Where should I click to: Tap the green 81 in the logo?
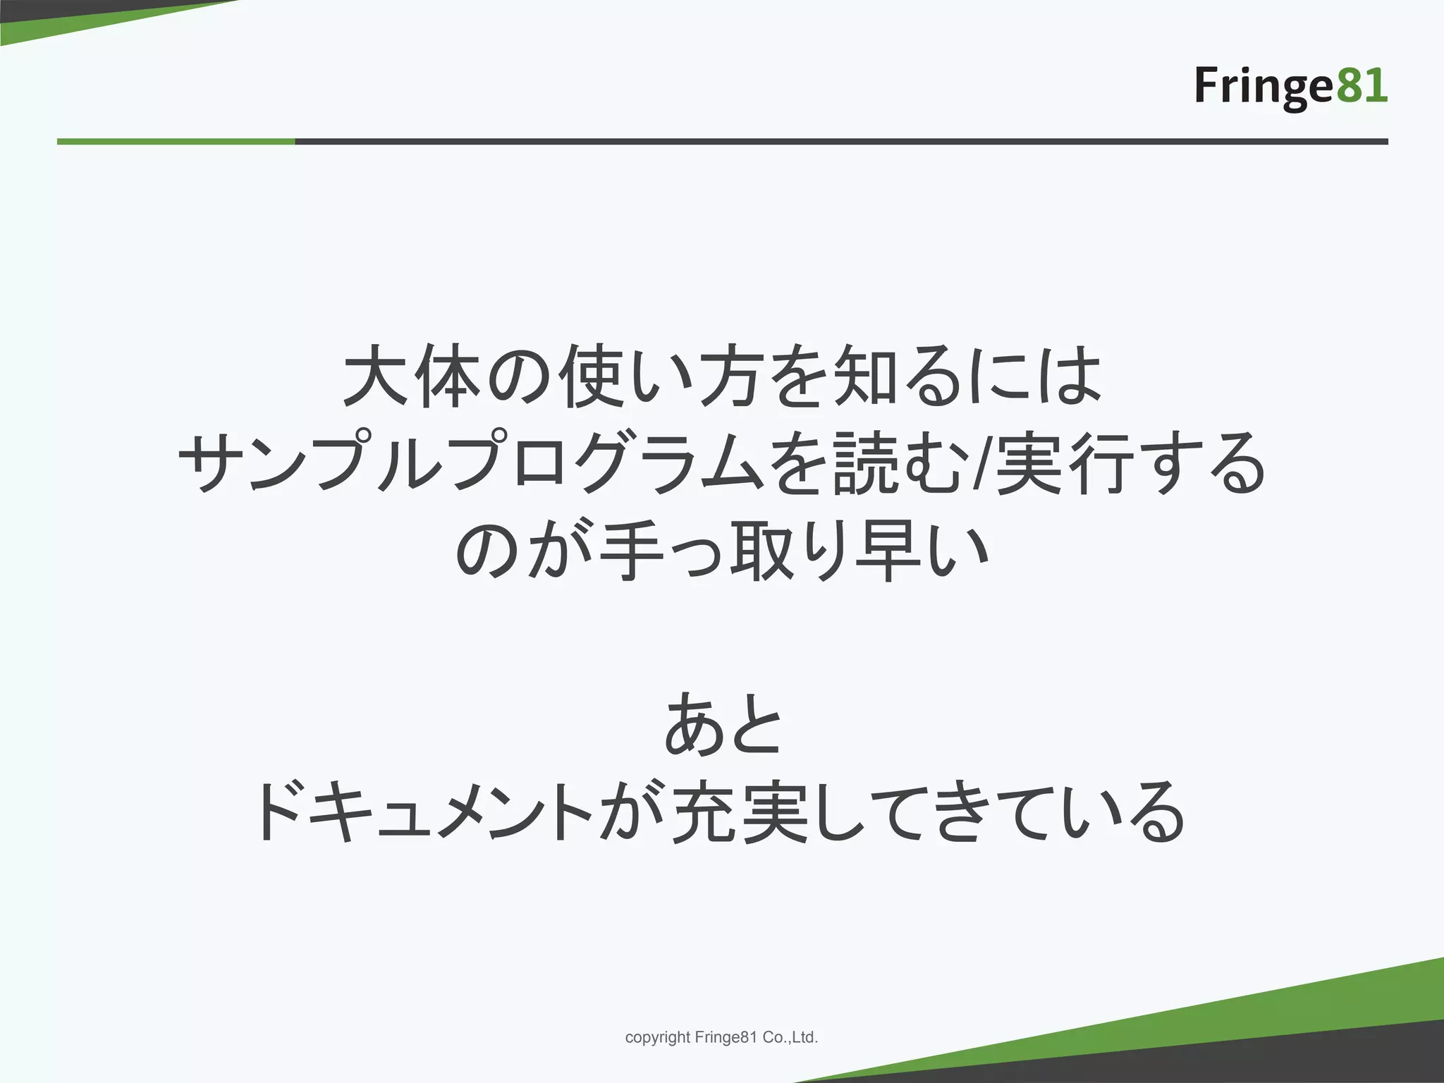pos(1362,86)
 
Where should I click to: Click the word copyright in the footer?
pos(657,1037)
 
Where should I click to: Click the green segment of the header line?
pos(176,142)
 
